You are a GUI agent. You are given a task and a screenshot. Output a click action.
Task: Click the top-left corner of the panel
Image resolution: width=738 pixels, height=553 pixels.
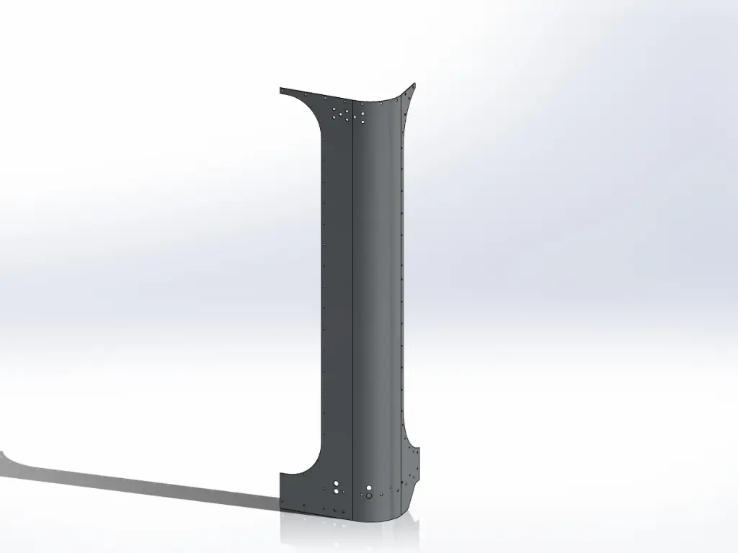click(x=280, y=89)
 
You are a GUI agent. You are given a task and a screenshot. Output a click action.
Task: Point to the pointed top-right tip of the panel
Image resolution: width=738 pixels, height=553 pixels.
click(x=416, y=84)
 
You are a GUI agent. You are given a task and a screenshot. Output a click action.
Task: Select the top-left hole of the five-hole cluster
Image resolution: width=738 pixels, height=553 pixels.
click(x=336, y=109)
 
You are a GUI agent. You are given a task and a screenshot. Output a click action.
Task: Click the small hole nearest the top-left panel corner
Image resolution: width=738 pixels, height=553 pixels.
click(x=285, y=91)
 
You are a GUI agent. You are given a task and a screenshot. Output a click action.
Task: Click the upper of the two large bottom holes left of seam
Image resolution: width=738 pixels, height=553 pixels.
click(x=337, y=482)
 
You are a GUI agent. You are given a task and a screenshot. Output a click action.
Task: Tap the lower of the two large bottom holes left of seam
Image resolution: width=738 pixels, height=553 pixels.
click(x=337, y=491)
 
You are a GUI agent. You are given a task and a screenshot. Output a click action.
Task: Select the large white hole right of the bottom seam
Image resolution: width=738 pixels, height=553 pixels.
click(x=369, y=486)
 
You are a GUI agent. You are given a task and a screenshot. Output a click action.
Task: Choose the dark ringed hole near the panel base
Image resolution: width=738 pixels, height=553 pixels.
click(x=368, y=495)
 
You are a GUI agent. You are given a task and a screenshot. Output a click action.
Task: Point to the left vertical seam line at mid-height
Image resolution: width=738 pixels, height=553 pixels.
click(x=350, y=288)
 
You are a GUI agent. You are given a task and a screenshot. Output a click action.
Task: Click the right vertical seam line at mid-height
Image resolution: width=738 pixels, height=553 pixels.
click(x=394, y=288)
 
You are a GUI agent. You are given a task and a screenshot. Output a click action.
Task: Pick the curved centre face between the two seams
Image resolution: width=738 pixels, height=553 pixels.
click(x=371, y=288)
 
